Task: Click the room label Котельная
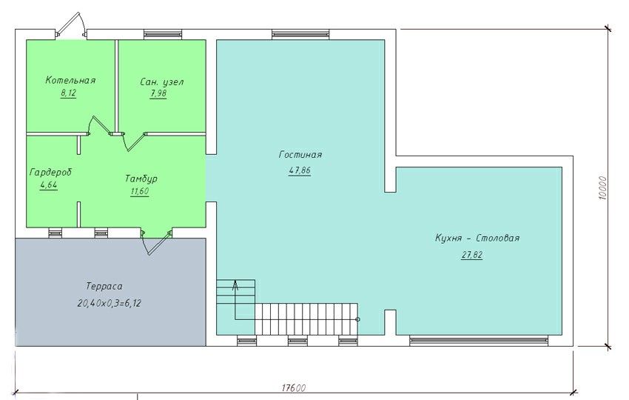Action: tap(70, 80)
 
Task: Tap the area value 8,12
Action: tap(69, 93)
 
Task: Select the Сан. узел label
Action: tap(162, 82)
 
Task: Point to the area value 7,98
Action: tap(158, 93)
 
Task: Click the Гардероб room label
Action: tap(50, 173)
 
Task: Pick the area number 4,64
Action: tap(49, 185)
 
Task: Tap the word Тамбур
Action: tap(141, 179)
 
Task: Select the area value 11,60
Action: tap(140, 191)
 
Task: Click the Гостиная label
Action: tap(300, 155)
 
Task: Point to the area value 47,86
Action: tap(300, 170)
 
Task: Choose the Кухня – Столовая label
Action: tap(477, 238)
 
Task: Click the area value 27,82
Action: tap(472, 255)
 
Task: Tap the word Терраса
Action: tap(104, 287)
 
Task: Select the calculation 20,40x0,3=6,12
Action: tap(109, 303)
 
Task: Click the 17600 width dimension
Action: tap(294, 388)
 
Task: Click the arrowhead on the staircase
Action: tap(235, 285)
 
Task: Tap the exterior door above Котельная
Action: tap(70, 25)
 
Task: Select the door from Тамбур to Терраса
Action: tap(157, 242)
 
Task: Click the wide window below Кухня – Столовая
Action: tap(479, 341)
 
